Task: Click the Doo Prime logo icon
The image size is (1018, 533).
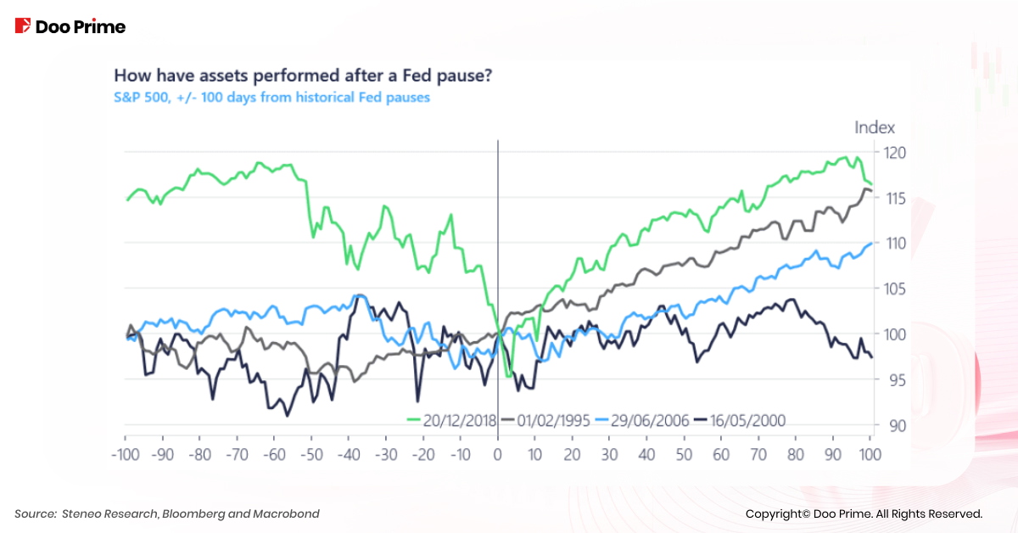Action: (x=23, y=26)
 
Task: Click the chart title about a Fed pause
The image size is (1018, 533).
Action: (x=303, y=76)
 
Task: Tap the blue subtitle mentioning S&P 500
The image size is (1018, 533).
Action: (x=271, y=97)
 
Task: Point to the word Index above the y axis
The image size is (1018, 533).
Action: (x=874, y=128)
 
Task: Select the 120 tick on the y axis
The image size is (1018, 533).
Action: (x=894, y=153)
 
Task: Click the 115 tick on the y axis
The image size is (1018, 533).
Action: (x=894, y=198)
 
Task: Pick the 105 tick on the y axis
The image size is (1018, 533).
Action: (x=894, y=289)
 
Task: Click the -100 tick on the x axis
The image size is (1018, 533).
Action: (x=125, y=453)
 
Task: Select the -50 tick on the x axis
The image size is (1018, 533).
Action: (x=310, y=453)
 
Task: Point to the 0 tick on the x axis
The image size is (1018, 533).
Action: (x=498, y=453)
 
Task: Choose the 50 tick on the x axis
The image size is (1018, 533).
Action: (x=684, y=453)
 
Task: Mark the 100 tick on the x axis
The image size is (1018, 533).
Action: (x=870, y=453)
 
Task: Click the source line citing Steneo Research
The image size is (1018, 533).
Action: (x=167, y=513)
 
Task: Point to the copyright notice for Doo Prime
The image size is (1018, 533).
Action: (x=864, y=513)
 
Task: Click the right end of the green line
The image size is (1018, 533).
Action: (x=871, y=184)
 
